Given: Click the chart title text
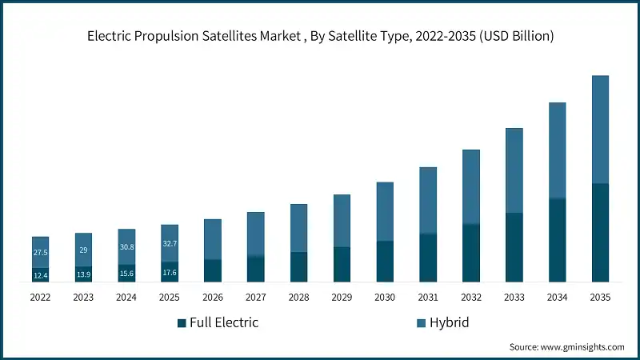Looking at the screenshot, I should click(320, 37).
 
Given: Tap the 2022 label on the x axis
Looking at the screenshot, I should click(40, 297).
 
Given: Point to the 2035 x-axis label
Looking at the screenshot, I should click(600, 297).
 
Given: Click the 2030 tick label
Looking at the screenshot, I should click(385, 297).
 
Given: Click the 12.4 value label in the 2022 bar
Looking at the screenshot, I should click(40, 275).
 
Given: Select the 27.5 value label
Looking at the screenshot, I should click(40, 252).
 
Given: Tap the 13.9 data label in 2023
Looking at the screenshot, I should click(83, 274).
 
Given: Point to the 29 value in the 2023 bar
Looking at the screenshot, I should click(83, 250).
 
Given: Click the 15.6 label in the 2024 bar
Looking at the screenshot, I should click(126, 274).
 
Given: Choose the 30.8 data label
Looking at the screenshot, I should click(126, 247).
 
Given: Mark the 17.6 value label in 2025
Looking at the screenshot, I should click(170, 272).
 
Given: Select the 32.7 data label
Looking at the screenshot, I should click(170, 243).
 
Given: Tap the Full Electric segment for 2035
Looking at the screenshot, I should click(600, 232).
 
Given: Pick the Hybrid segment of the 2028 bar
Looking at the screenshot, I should click(299, 228).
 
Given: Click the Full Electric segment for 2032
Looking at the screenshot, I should click(471, 253).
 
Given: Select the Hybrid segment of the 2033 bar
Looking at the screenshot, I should click(514, 170).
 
